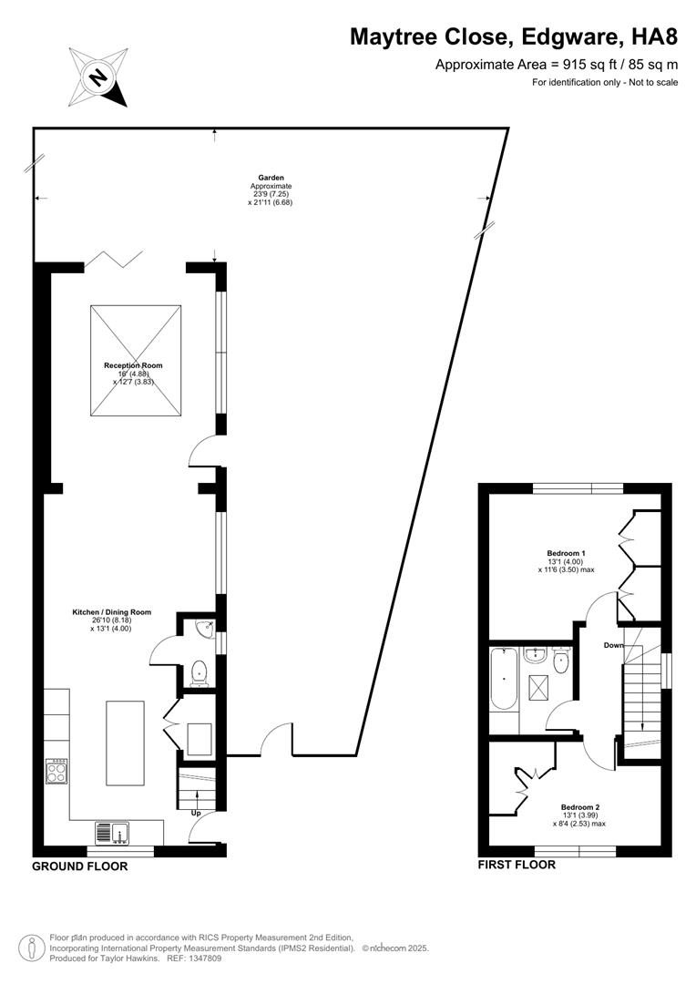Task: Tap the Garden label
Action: pyautogui.click(x=271, y=178)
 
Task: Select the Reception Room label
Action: pyautogui.click(x=133, y=365)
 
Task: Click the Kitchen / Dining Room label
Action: pyautogui.click(x=111, y=612)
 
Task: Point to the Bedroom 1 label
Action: pyautogui.click(x=566, y=553)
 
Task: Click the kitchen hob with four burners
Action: pyautogui.click(x=56, y=773)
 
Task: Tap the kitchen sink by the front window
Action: pyautogui.click(x=113, y=832)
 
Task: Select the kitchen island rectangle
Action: pyautogui.click(x=126, y=742)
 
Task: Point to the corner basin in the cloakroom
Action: pyautogui.click(x=208, y=627)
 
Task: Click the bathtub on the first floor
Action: pyautogui.click(x=502, y=680)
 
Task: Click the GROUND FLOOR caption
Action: pyautogui.click(x=80, y=866)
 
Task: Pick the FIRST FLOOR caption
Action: pyautogui.click(x=517, y=865)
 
